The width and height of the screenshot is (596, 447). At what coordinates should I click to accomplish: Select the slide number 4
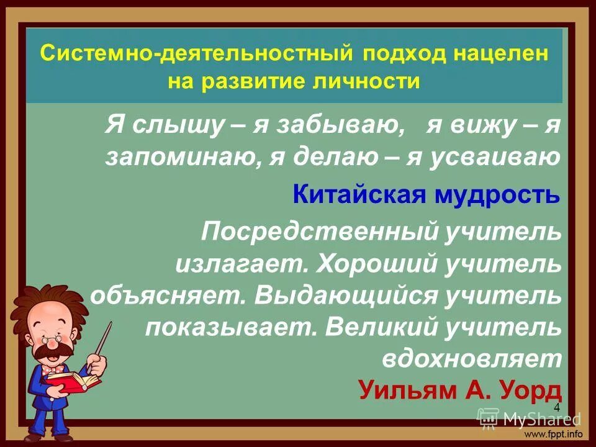556,407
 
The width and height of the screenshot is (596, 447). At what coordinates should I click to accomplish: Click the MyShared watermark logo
531,419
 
